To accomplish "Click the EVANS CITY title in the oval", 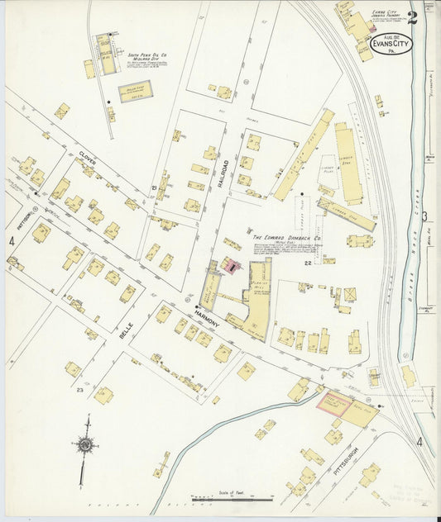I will pos(391,41).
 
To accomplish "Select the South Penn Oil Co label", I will pos(147,57).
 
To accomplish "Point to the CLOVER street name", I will pos(88,158).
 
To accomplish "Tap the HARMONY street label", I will pos(207,317).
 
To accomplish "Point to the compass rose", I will pos(84,445).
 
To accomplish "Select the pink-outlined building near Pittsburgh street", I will pos(333,402).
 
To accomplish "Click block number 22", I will pos(306,263).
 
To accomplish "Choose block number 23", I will pos(79,389).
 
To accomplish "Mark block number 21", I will pos(155,190).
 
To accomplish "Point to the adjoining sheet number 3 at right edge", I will pos(424,217).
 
